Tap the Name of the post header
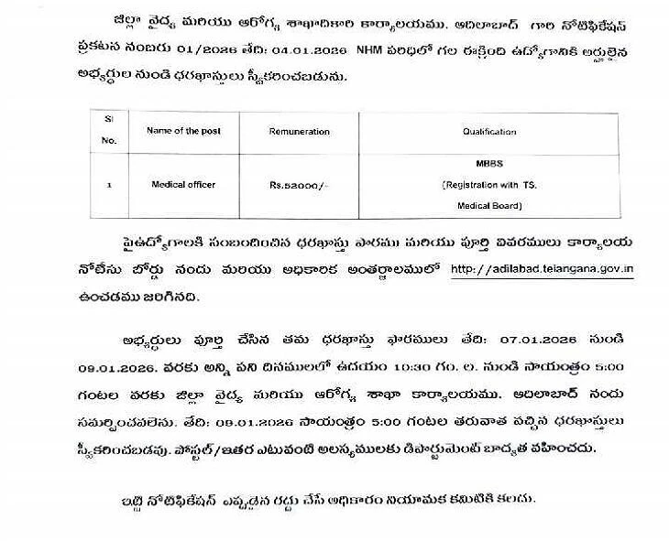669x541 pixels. pos(184,131)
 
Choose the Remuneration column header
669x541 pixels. pos(299,132)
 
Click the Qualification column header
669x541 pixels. pos(489,132)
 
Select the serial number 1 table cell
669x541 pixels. pos(109,185)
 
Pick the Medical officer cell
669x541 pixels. pos(183,185)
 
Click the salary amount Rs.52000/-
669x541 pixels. pos(298,185)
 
